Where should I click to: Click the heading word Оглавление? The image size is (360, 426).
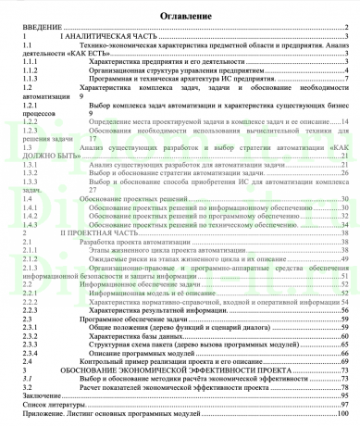(180, 17)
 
